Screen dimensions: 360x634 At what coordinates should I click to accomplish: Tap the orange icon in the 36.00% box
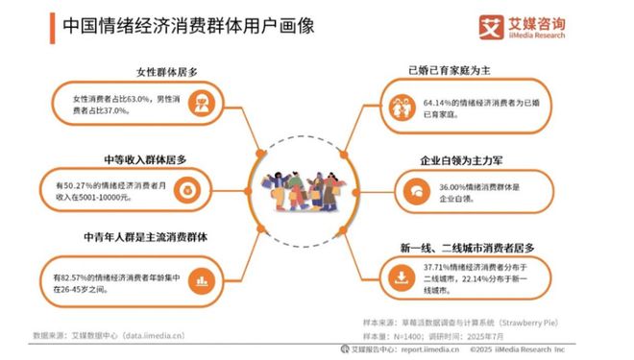[x=416, y=192]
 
